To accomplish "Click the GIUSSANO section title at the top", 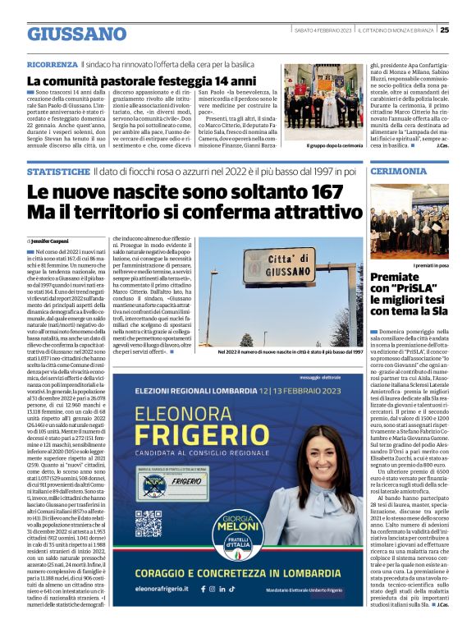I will click(76, 34).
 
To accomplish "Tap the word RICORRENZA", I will click(53, 64).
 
